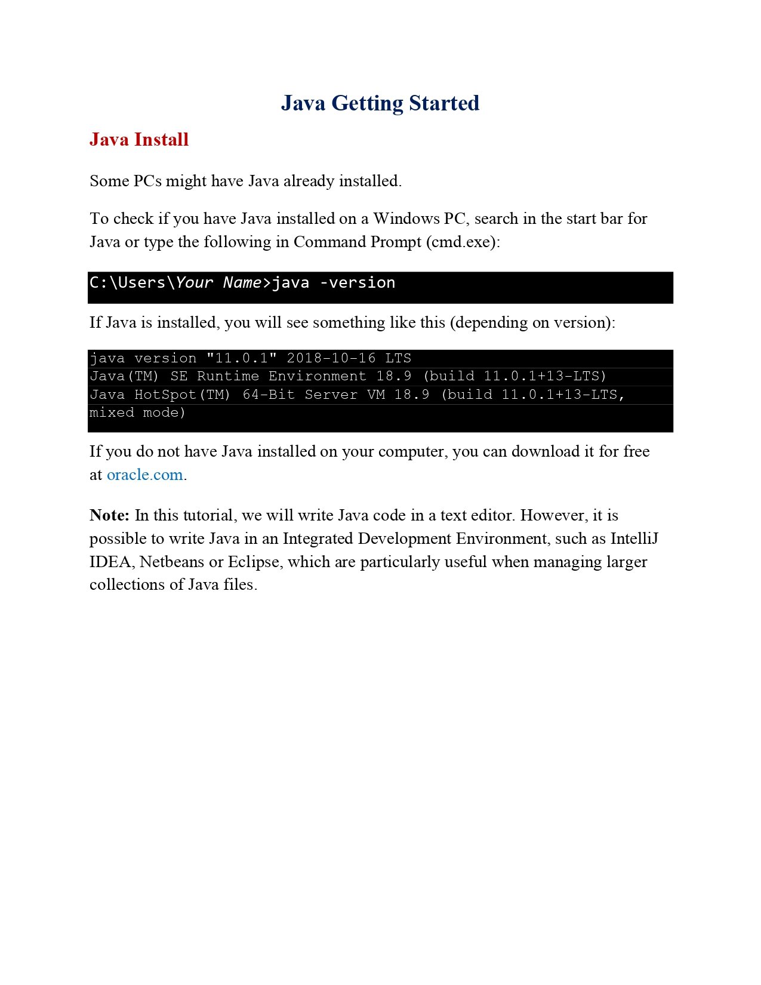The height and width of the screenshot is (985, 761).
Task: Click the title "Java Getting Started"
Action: [x=380, y=103]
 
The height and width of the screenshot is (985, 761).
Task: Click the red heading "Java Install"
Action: [x=139, y=140]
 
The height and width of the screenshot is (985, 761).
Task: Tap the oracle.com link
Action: [x=145, y=475]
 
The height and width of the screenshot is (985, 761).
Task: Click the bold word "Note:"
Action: [x=109, y=515]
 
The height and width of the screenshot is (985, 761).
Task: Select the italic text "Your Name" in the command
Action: [x=218, y=283]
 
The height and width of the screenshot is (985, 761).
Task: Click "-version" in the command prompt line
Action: [x=358, y=283]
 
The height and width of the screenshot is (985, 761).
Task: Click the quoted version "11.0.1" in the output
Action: [x=241, y=358]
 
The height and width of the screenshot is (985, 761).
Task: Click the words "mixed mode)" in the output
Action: [x=137, y=413]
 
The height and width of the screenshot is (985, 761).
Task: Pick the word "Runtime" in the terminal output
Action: [x=228, y=376]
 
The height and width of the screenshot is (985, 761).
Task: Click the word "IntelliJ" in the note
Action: [x=634, y=539]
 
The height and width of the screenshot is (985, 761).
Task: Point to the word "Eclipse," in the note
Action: [x=255, y=562]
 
